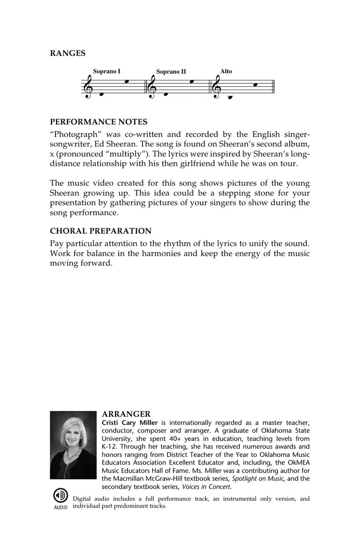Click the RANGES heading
[x=67, y=53]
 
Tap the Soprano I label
[x=107, y=71]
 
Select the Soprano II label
[x=171, y=72]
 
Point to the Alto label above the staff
[x=226, y=71]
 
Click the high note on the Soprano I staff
[x=127, y=81]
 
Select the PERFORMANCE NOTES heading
[x=98, y=122]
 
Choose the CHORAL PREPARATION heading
[x=101, y=231]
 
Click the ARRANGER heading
[x=126, y=414]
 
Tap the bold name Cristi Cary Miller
[x=130, y=422]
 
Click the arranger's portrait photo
[x=73, y=445]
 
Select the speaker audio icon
[x=60, y=495]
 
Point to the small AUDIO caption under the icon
[x=60, y=507]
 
